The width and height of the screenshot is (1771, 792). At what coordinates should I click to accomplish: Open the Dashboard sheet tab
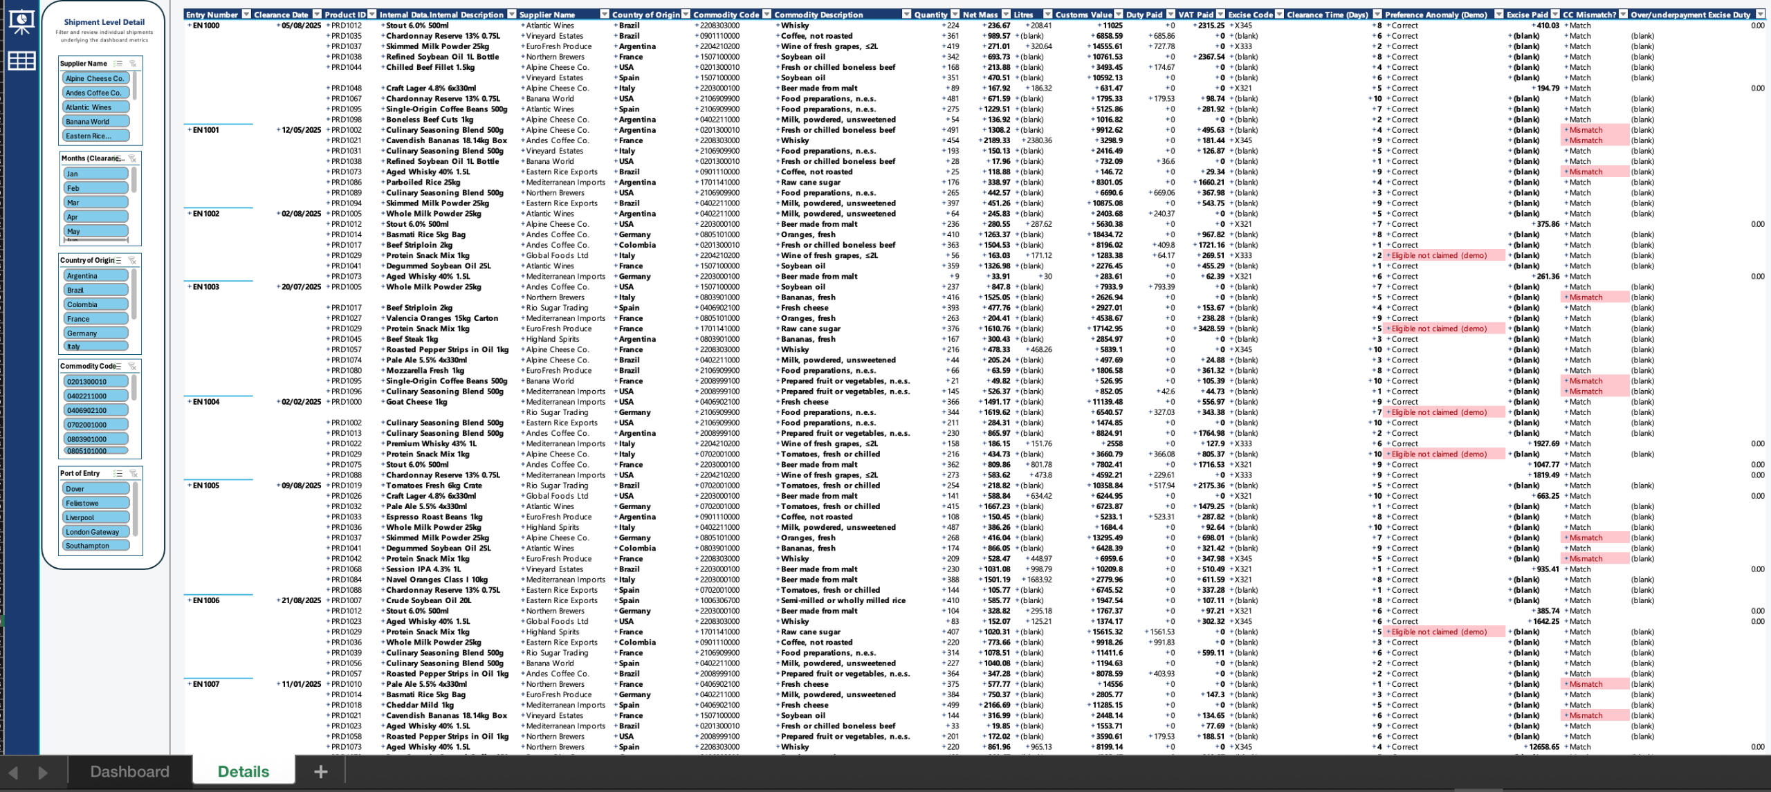129,771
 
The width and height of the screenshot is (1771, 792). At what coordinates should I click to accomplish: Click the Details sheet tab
243,771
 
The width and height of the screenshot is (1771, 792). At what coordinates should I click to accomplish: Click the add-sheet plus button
320,771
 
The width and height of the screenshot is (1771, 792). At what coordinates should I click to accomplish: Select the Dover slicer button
95,488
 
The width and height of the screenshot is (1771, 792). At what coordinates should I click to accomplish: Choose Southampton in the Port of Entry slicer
95,546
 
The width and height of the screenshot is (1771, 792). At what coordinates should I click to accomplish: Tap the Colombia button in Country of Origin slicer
95,304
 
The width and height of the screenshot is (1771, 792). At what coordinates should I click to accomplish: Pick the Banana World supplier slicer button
95,122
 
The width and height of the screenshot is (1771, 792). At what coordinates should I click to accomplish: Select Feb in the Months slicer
95,188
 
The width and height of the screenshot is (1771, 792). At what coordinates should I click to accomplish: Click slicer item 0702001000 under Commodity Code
95,425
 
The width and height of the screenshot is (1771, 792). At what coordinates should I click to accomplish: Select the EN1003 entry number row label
206,287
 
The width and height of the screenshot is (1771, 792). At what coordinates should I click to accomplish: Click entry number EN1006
206,600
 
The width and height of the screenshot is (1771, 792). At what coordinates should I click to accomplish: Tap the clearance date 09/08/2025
301,486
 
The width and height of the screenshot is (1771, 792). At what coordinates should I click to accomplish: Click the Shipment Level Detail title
104,22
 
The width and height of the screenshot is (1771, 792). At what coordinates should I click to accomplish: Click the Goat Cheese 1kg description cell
416,402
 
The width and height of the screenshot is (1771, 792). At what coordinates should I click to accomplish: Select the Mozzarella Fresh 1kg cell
425,371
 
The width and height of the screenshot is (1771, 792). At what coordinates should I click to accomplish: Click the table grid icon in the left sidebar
21,61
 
